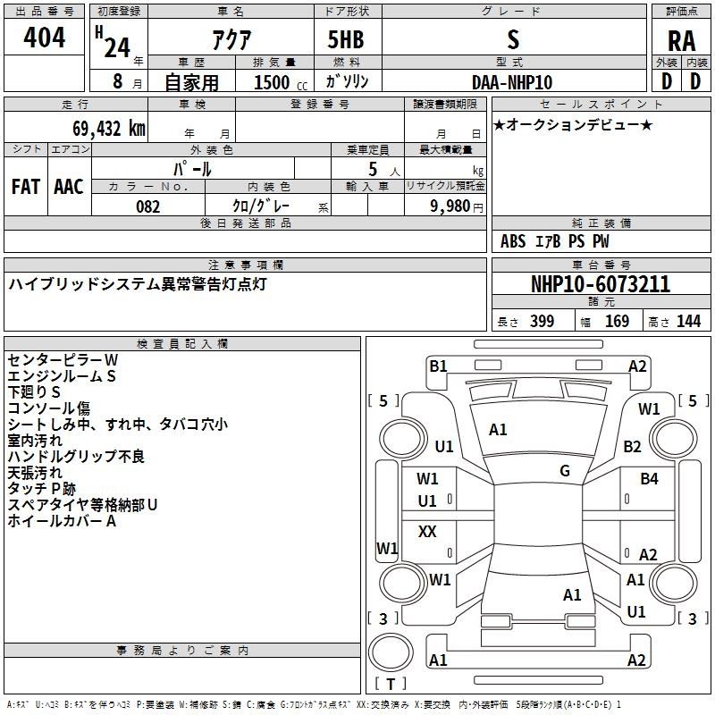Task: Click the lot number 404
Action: coord(44,37)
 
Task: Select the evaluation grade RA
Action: coord(681,41)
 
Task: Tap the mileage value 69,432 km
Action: coord(109,129)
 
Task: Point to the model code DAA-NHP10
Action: coord(512,82)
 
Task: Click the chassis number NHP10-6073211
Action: coord(601,284)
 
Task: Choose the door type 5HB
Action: coord(346,39)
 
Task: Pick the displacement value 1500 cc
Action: coord(281,82)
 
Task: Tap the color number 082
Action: coord(148,206)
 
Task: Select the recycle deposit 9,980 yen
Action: coord(457,206)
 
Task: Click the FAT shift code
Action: coord(26,187)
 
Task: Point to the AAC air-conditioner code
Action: coord(69,187)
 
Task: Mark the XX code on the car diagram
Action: coord(427,531)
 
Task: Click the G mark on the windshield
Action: coord(565,470)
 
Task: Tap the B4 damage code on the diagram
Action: coord(649,479)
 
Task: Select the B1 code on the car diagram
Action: coord(438,366)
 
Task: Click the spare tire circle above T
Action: coord(391,652)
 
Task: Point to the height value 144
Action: coord(688,321)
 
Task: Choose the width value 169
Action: coord(617,321)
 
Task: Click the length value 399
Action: coord(543,321)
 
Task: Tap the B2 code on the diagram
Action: coord(633,446)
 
